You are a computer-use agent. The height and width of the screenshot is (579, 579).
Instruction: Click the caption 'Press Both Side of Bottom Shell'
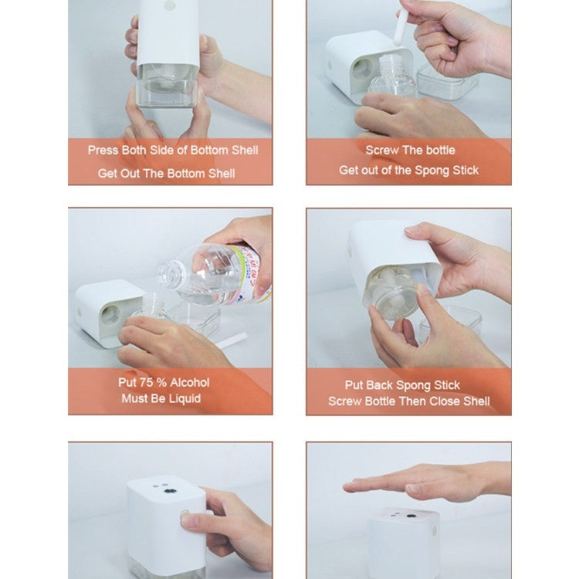tap(172, 150)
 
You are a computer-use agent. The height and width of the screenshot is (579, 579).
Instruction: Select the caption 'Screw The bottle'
tap(410, 150)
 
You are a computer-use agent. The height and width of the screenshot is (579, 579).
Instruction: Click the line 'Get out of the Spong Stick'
tap(409, 170)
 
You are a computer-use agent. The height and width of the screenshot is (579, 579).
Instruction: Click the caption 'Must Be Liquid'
tap(161, 399)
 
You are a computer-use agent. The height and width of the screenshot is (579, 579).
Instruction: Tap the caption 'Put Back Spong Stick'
tap(402, 384)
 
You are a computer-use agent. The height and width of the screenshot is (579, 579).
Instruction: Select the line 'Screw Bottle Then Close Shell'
tap(408, 401)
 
